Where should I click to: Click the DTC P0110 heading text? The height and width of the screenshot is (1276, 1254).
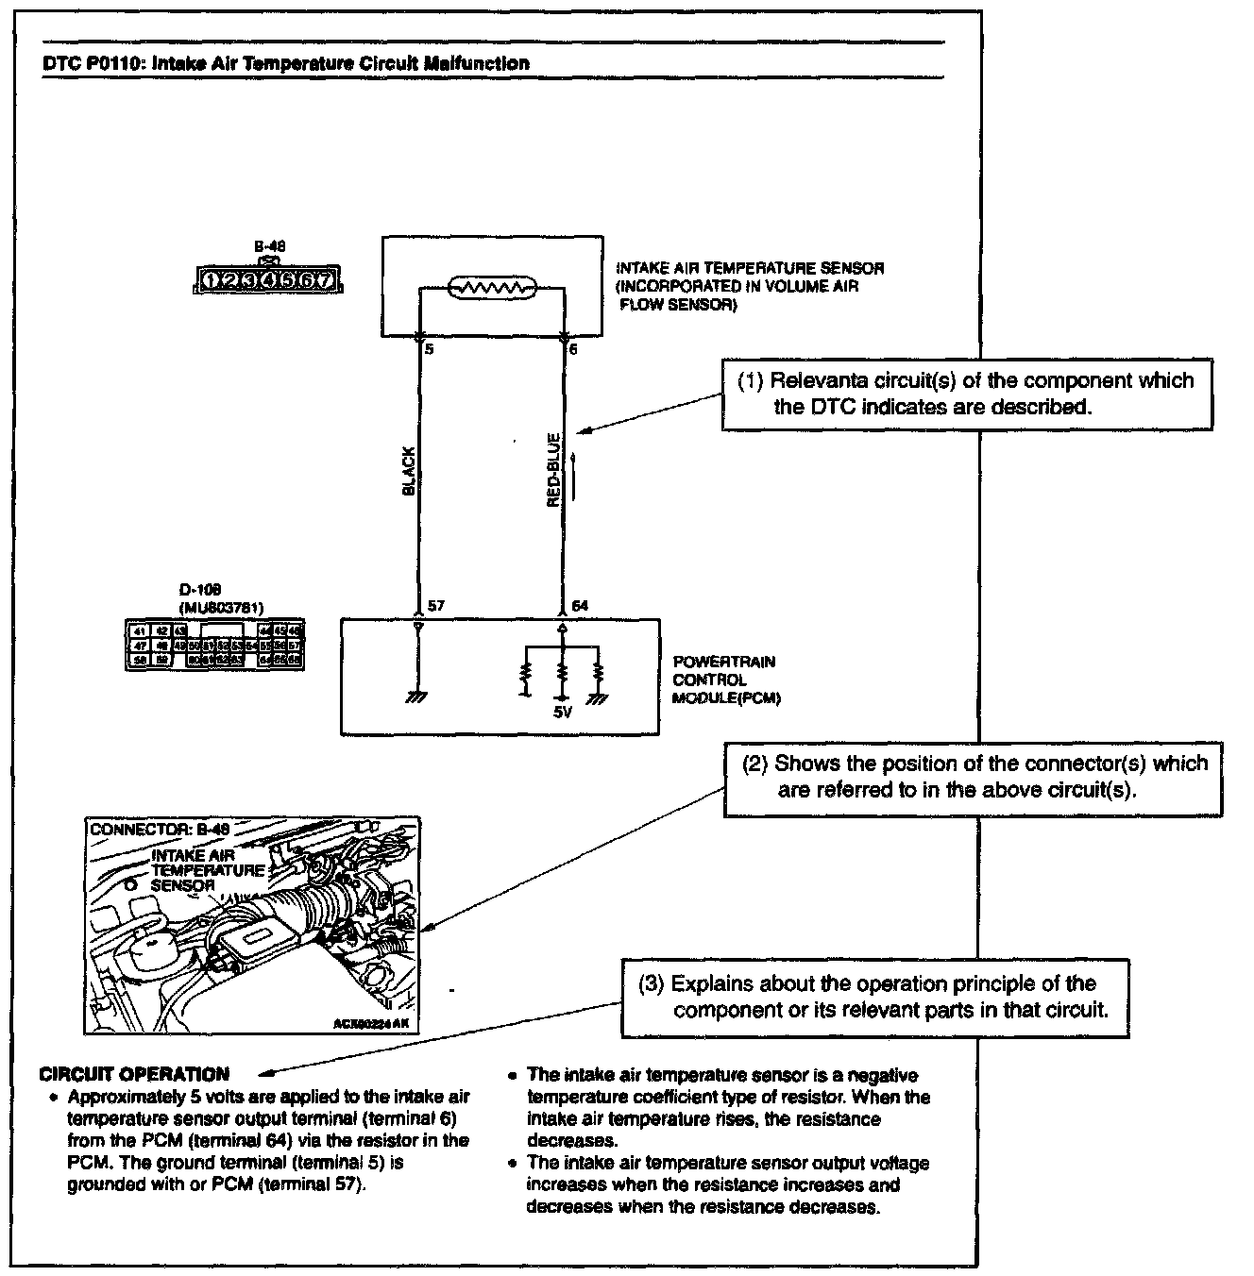tap(286, 64)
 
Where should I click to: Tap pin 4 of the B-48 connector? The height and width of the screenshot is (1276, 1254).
tap(268, 279)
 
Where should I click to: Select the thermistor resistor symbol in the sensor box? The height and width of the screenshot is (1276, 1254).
tap(492, 287)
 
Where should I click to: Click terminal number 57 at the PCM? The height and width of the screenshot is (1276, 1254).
tap(435, 606)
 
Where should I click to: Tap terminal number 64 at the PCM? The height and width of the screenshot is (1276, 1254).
tap(580, 606)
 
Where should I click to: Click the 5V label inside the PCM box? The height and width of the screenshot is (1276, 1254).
tap(563, 713)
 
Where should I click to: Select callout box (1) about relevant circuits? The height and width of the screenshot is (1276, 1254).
tap(966, 394)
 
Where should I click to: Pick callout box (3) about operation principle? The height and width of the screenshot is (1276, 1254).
tap(874, 997)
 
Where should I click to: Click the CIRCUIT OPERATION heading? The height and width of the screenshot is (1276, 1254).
tap(134, 1074)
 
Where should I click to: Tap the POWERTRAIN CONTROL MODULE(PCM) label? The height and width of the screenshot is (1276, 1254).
tap(725, 680)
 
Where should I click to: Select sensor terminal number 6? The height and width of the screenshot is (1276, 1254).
tap(573, 349)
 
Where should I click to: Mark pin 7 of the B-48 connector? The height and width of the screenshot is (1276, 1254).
tap(324, 279)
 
